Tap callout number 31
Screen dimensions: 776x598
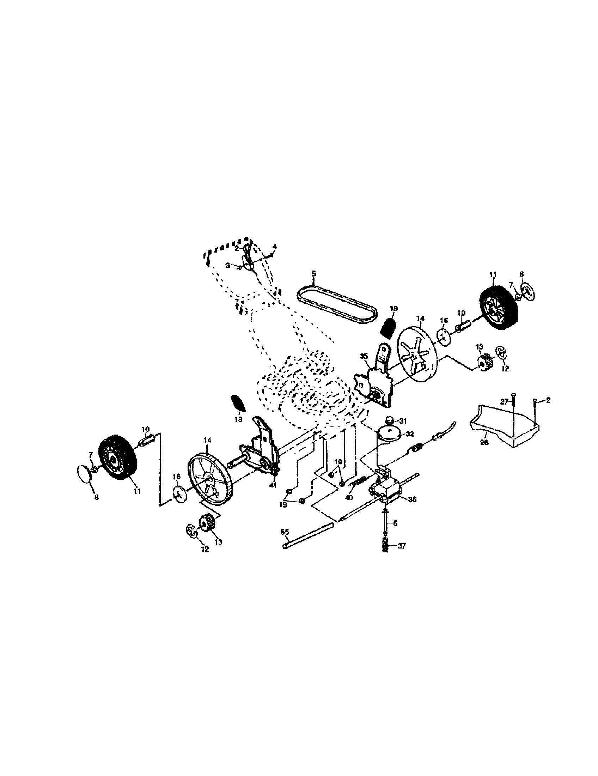click(402, 421)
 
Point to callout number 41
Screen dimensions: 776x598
click(273, 486)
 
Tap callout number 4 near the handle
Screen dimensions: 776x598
click(275, 246)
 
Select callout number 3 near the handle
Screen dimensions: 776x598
click(228, 265)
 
